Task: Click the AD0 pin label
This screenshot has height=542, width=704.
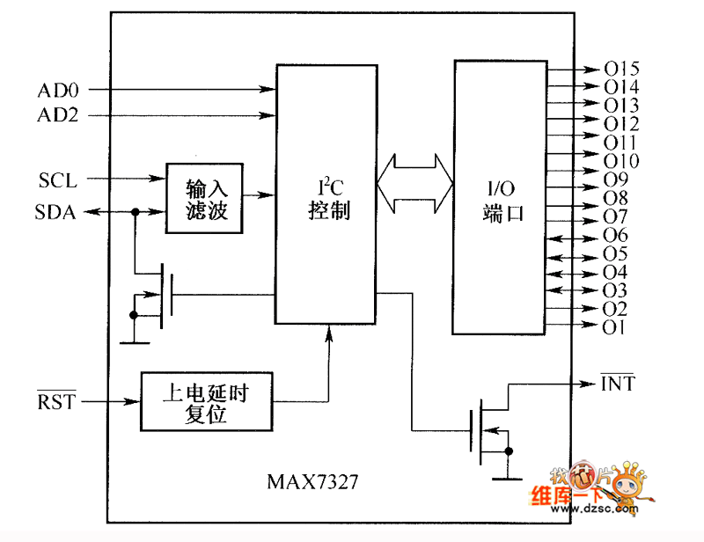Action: (x=58, y=90)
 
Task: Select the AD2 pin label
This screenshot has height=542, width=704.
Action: (x=58, y=115)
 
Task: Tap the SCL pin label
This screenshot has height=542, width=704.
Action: (x=58, y=181)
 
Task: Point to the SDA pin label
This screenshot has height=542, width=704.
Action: (x=55, y=212)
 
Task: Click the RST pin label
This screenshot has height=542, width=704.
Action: (x=56, y=402)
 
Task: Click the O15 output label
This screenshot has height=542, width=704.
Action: (x=621, y=69)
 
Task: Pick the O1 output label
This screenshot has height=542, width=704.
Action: (x=614, y=327)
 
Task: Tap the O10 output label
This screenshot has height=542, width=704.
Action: (x=621, y=161)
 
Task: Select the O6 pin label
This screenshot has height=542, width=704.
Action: (x=615, y=235)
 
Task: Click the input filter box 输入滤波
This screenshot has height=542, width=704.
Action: (x=205, y=198)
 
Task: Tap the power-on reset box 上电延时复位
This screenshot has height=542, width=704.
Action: (x=206, y=402)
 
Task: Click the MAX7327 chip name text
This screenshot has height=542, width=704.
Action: (x=312, y=483)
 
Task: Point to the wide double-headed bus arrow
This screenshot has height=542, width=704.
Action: (x=414, y=185)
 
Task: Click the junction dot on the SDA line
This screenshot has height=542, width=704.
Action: (x=135, y=212)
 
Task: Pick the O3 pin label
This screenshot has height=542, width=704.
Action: (x=615, y=290)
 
